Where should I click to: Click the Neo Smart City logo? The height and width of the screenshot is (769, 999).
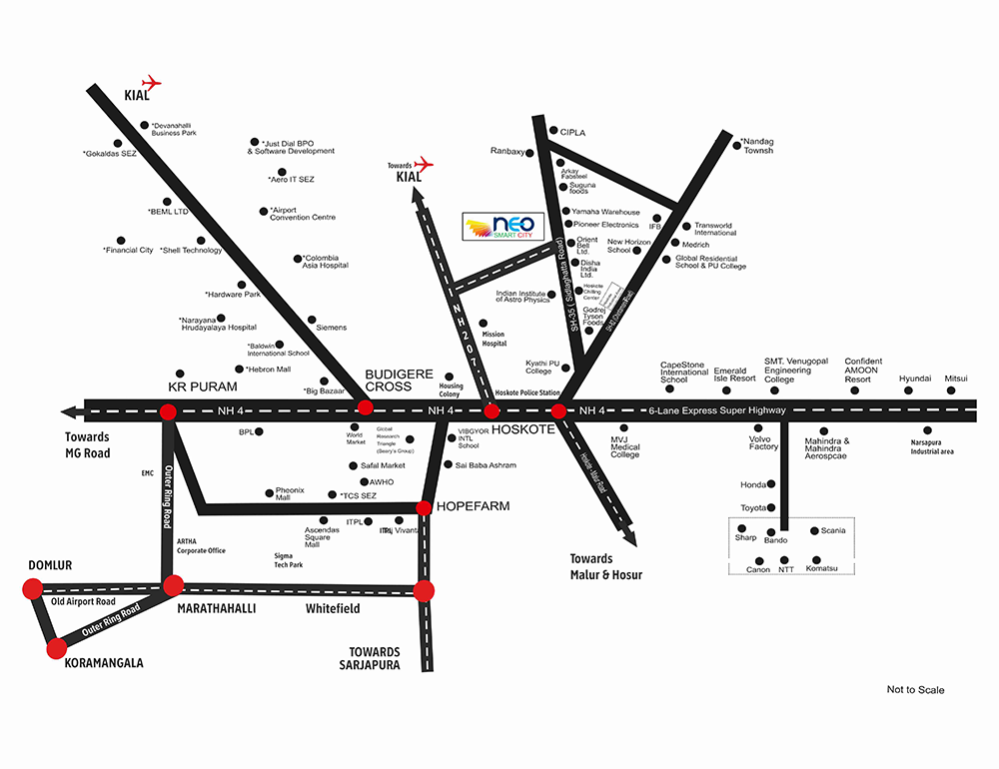tap(503, 227)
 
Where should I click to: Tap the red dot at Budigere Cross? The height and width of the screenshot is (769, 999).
tap(366, 407)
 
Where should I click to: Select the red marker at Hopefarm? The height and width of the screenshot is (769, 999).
tap(424, 507)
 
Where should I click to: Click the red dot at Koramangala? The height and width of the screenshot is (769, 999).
tap(55, 648)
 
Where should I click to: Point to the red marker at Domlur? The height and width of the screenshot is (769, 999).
tap(30, 589)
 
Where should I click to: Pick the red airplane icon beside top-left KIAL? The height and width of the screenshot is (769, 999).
tap(152, 81)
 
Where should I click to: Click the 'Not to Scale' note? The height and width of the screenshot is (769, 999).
tap(915, 690)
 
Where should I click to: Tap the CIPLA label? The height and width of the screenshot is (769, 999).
tap(572, 133)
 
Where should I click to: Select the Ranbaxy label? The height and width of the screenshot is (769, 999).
tap(507, 152)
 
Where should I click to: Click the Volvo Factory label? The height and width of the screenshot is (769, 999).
tap(764, 442)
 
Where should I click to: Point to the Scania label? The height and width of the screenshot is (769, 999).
tap(833, 530)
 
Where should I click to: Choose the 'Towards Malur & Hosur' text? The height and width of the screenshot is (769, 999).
tap(606, 566)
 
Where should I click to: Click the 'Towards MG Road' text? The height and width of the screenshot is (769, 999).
tap(87, 444)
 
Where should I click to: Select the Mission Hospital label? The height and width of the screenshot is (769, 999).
tap(495, 339)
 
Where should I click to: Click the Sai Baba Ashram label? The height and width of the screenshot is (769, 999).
tap(486, 465)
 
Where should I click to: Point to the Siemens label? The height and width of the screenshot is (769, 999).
tap(331, 328)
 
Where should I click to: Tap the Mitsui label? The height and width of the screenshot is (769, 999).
tap(957, 379)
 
